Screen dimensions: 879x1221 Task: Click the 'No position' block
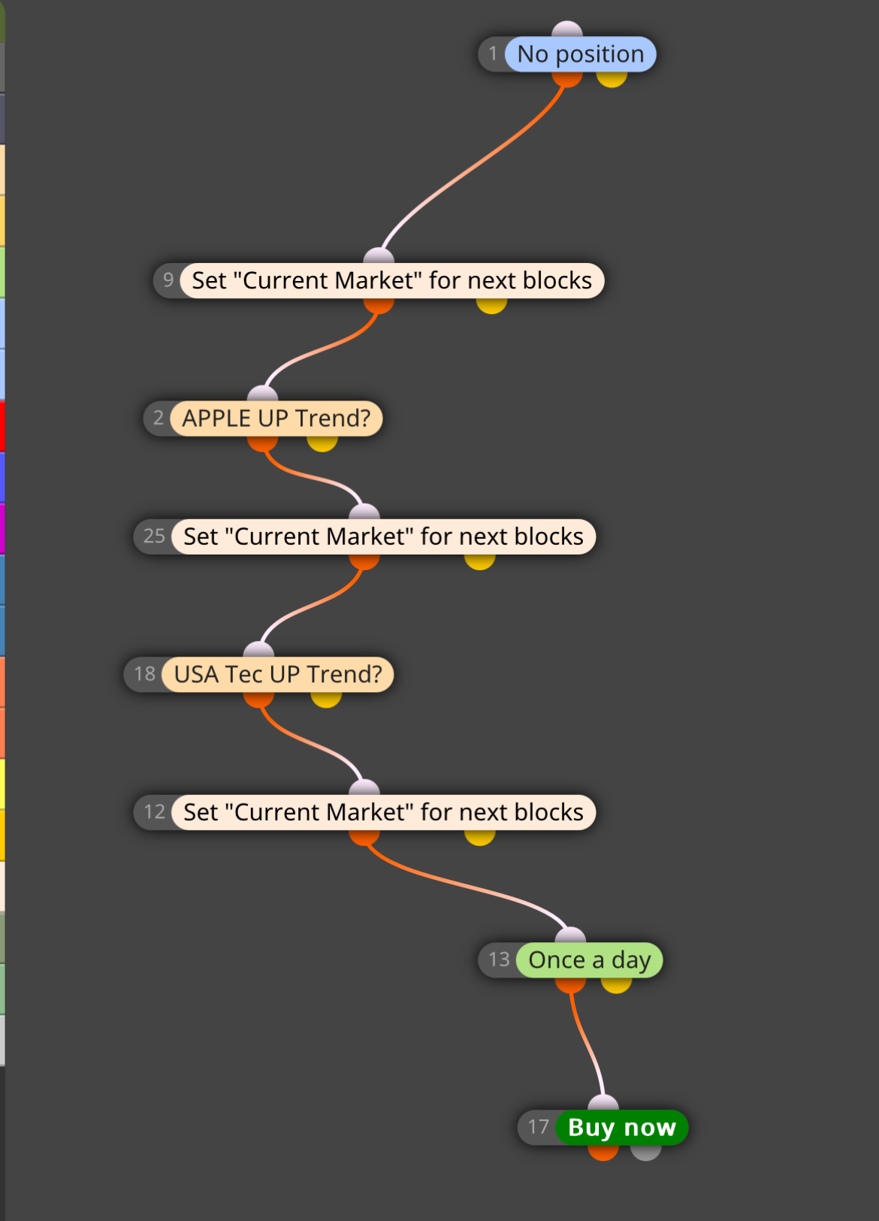(x=581, y=54)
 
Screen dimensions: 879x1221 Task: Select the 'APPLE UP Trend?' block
(x=276, y=418)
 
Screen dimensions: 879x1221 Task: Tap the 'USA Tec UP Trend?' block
(x=278, y=674)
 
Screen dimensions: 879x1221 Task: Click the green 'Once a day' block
(x=590, y=960)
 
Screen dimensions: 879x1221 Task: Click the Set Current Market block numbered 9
(x=392, y=281)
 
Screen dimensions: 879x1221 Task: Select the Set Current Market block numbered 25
(x=384, y=537)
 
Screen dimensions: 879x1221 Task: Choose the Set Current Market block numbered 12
(x=384, y=812)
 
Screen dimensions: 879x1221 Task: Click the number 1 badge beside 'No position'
(x=493, y=54)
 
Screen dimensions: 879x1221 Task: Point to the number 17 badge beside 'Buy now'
(x=538, y=1126)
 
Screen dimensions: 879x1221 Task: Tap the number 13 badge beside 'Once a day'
(x=499, y=960)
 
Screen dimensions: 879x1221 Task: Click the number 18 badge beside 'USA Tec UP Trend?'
(x=144, y=674)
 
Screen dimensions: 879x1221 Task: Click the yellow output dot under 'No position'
(x=612, y=79)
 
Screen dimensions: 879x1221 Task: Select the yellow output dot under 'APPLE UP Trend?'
(x=322, y=443)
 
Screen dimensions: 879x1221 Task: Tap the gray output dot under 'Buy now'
(x=646, y=1153)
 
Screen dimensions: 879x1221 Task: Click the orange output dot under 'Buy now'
(x=603, y=1153)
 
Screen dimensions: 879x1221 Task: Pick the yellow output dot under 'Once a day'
(x=616, y=985)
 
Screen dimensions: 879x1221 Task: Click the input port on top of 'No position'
(x=567, y=29)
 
